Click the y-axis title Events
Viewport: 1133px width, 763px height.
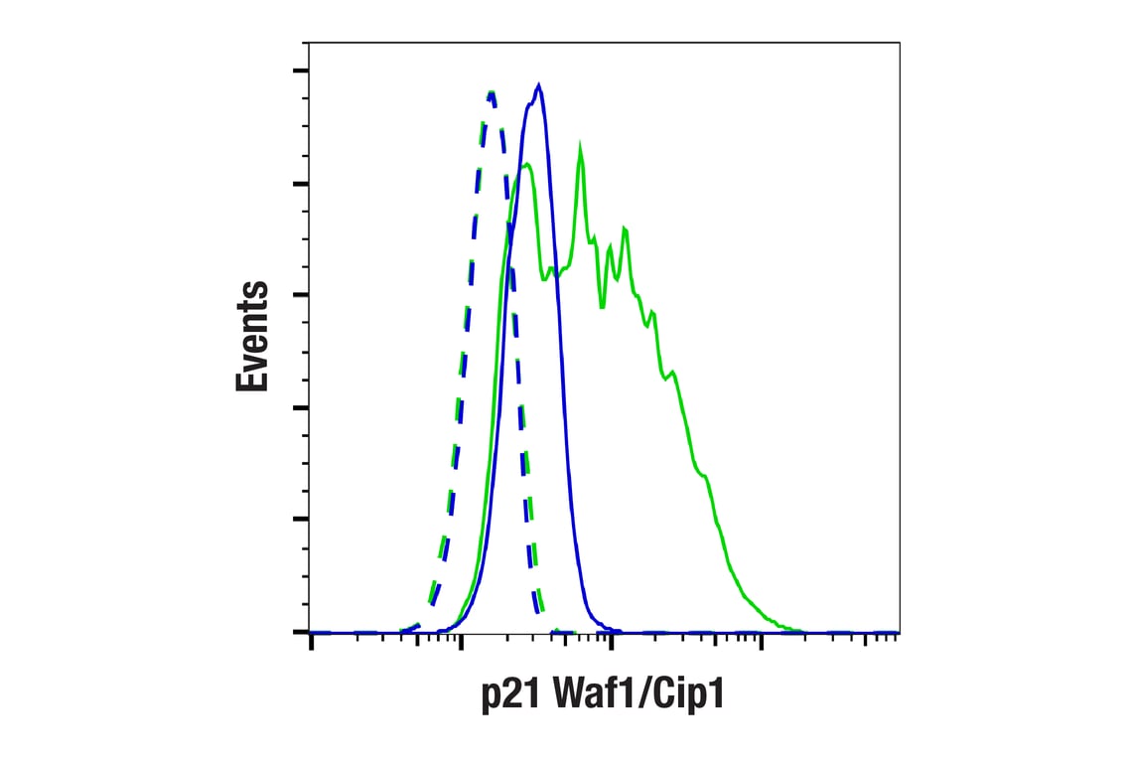(x=252, y=337)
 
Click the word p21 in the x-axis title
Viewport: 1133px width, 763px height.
(x=508, y=695)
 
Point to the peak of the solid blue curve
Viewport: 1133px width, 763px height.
(x=538, y=85)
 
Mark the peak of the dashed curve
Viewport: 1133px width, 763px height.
(x=491, y=92)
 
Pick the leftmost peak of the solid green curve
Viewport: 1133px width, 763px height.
(x=526, y=164)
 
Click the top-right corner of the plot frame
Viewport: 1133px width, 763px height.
(x=899, y=43)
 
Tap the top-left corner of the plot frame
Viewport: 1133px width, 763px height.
(x=309, y=43)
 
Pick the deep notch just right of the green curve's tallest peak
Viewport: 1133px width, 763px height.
(x=603, y=304)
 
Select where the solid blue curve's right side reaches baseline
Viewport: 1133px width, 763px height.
(x=616, y=630)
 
